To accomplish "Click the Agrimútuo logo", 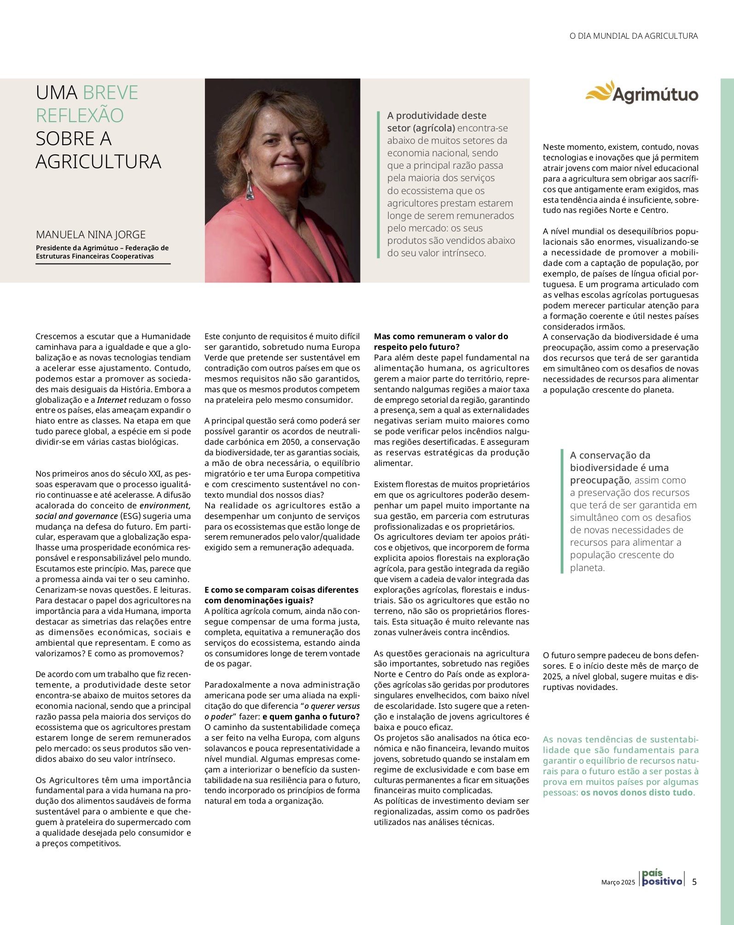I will tap(641, 93).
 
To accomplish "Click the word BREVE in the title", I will tap(111, 93).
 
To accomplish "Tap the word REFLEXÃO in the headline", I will tap(80, 116).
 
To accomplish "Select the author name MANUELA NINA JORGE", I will tap(91, 234).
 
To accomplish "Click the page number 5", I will tap(694, 882).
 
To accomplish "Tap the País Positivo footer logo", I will tap(662, 879).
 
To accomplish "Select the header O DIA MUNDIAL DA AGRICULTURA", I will tap(634, 36).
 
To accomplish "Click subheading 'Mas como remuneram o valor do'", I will tap(441, 336).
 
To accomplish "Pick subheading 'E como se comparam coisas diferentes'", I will tap(281, 590).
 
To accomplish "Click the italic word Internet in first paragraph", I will tap(111, 400).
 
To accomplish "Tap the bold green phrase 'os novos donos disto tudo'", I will tap(637, 793).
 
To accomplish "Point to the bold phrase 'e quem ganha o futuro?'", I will tap(311, 717).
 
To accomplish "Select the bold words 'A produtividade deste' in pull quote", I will tap(437, 116).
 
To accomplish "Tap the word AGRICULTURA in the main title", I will tap(99, 162).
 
